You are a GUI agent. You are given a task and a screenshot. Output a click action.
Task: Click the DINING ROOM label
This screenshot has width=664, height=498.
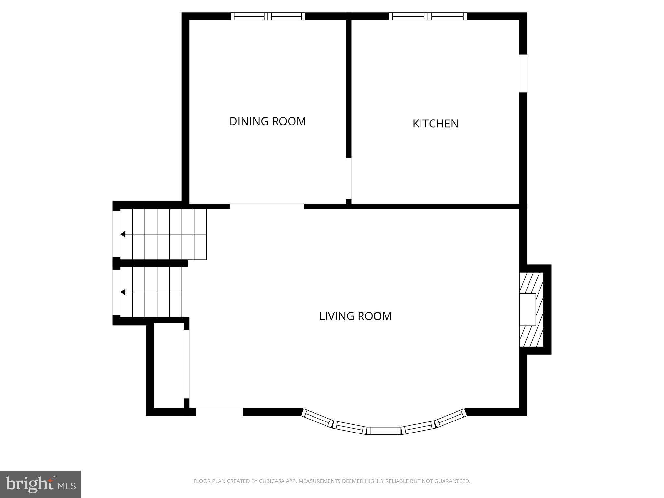pyautogui.click(x=267, y=121)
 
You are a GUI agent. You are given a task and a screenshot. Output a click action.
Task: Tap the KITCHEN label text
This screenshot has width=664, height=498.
pyautogui.click(x=435, y=124)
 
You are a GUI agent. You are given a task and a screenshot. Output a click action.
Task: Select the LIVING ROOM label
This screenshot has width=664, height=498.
pyautogui.click(x=355, y=316)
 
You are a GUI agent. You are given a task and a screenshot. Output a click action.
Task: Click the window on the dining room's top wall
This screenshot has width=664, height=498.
pyautogui.click(x=268, y=16)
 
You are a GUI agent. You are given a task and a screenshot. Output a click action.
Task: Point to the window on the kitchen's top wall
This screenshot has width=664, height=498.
pyautogui.click(x=428, y=16)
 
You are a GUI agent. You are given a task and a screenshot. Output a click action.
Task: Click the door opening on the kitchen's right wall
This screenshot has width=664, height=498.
pyautogui.click(x=523, y=73)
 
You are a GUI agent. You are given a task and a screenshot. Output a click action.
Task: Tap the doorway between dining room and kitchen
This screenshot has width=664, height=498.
pyautogui.click(x=349, y=179)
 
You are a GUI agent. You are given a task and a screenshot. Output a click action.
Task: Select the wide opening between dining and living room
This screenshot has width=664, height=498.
pyautogui.click(x=267, y=206)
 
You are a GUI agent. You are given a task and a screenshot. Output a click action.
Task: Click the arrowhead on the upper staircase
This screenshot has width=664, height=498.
pyautogui.click(x=123, y=234)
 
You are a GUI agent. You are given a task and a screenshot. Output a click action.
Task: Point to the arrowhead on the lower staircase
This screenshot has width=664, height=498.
pyautogui.click(x=123, y=292)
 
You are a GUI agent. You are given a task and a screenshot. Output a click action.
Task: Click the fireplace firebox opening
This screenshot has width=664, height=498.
pyautogui.click(x=528, y=309)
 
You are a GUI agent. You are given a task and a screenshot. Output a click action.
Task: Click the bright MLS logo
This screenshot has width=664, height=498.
pyautogui.click(x=41, y=485)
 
